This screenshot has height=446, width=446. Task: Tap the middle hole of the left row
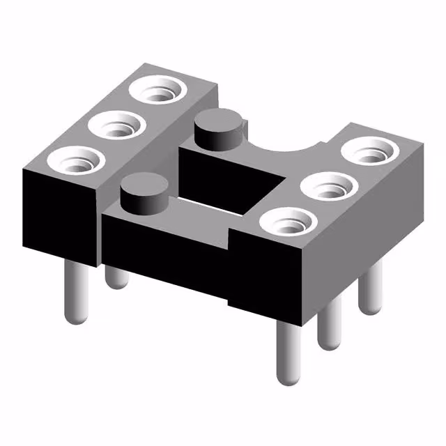click(x=116, y=127)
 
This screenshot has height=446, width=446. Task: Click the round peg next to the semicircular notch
click(x=220, y=130)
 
